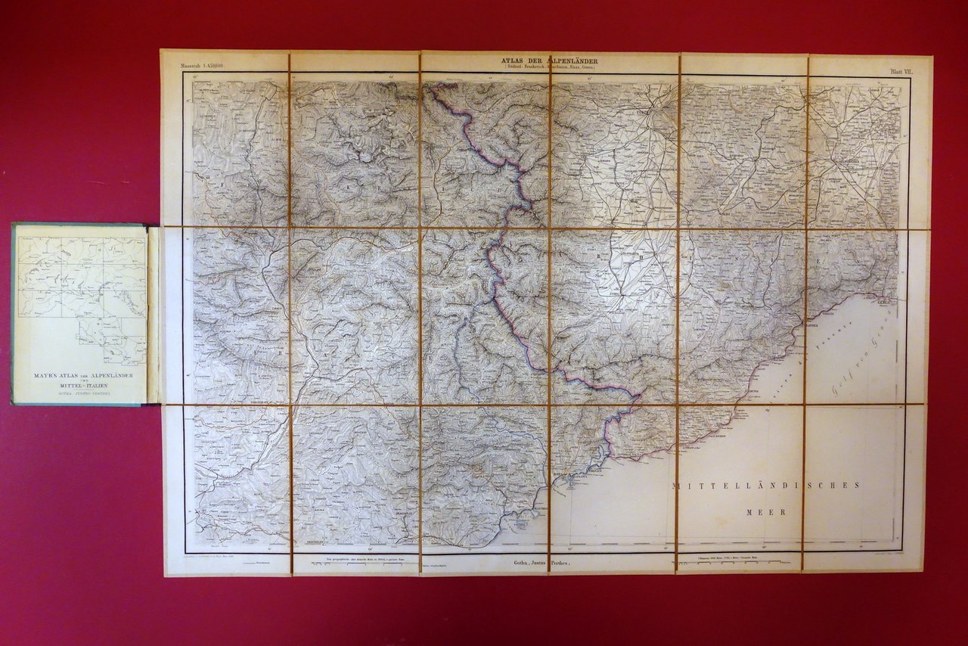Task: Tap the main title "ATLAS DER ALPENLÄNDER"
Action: [550, 60]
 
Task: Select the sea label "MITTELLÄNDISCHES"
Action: [765, 486]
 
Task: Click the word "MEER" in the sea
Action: [765, 512]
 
